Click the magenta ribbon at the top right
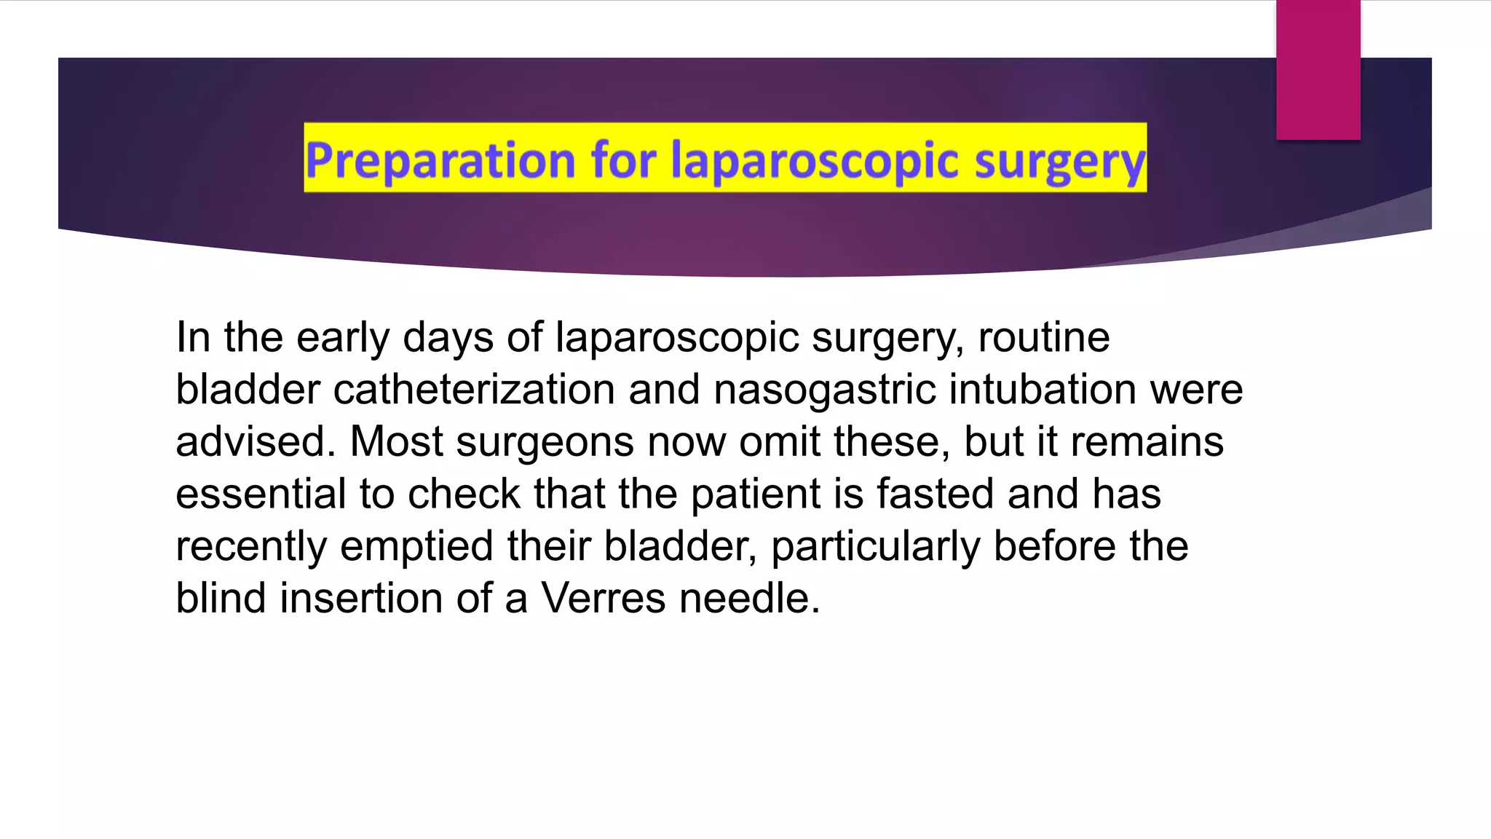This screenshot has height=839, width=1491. pos(1318,69)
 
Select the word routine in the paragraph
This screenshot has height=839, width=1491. pos(1043,337)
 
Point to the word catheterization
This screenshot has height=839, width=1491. pos(474,390)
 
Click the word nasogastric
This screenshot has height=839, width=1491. pos(824,390)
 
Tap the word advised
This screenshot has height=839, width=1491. pos(256,442)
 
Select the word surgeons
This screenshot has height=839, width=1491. pos(545,442)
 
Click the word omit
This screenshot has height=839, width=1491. pos(779,442)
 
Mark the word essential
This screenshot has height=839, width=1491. pos(261,495)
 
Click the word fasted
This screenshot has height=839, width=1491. pos(935,495)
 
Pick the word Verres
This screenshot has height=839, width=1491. pos(603,599)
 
